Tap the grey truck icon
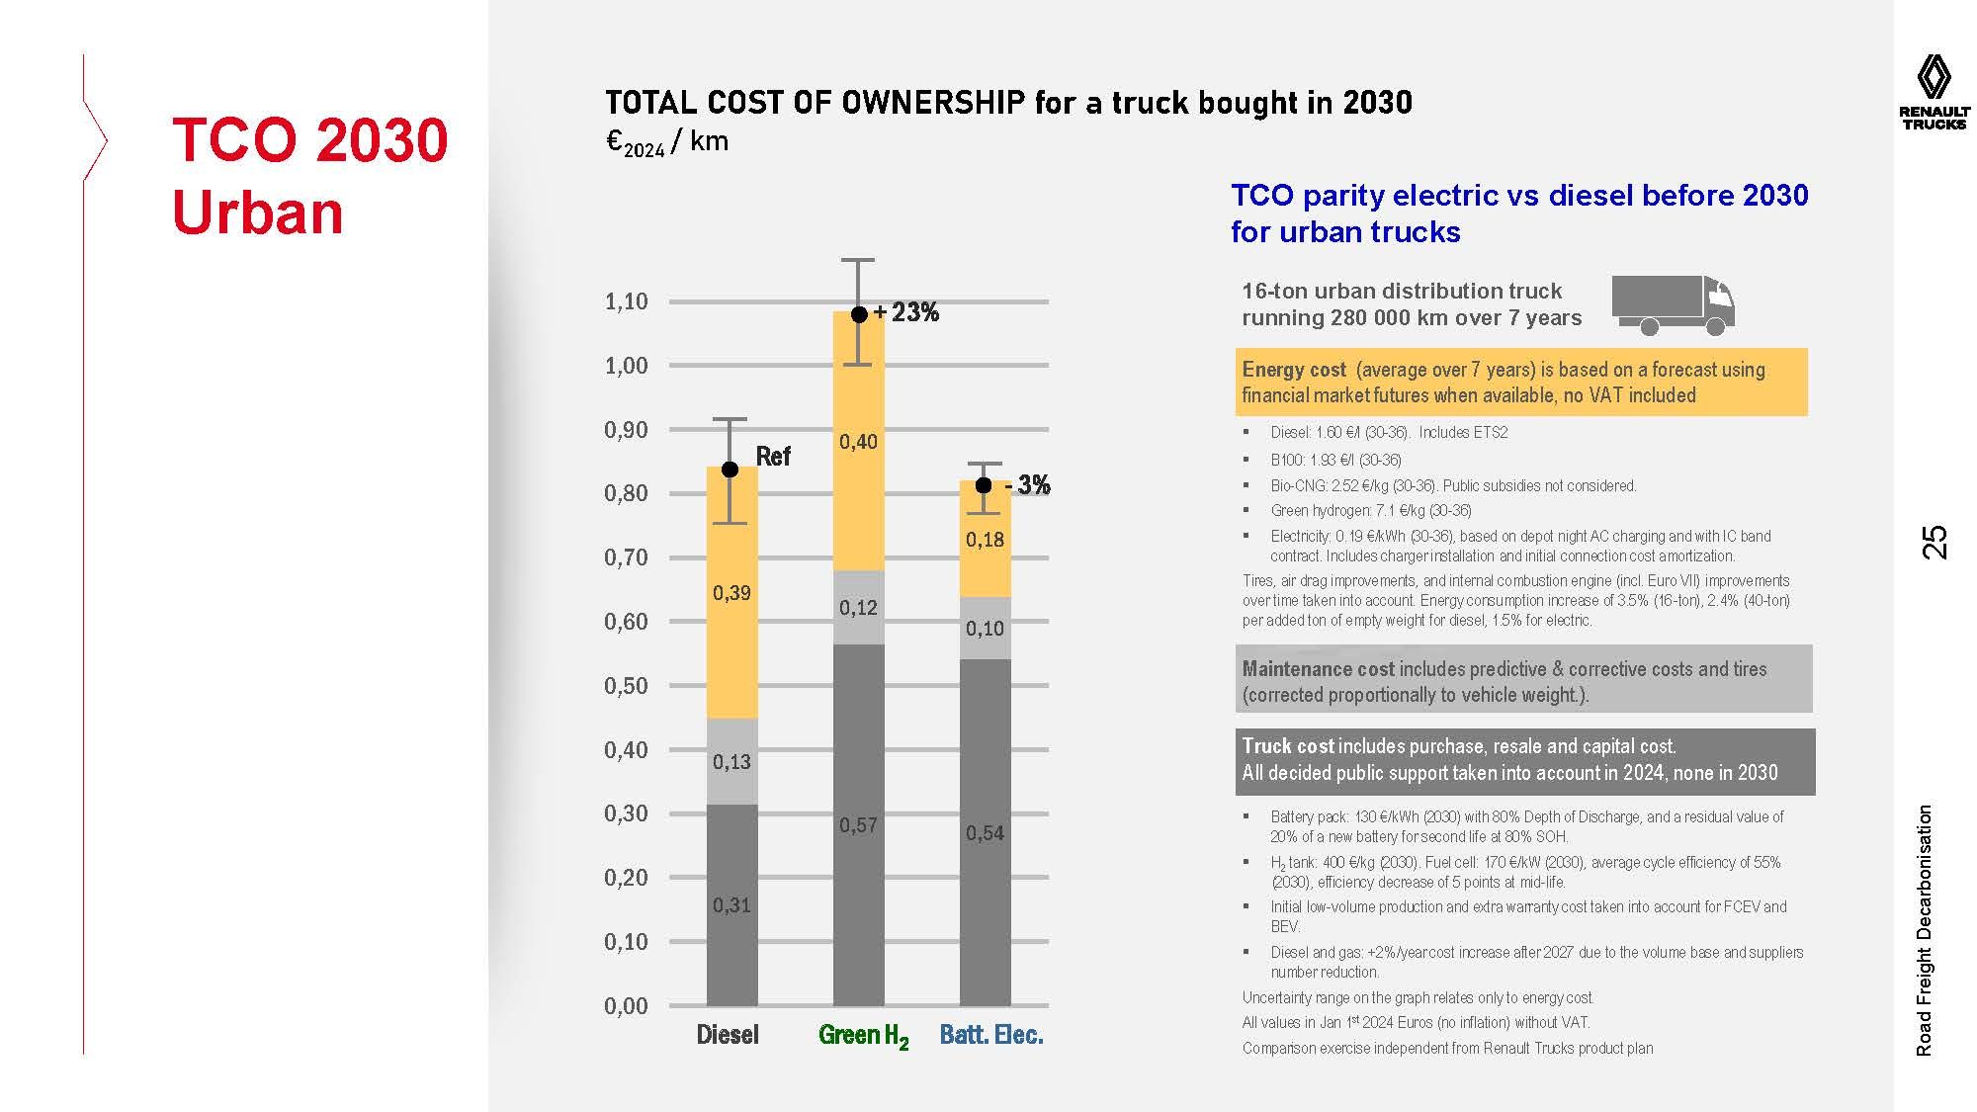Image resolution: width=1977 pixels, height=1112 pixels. pos(1673,305)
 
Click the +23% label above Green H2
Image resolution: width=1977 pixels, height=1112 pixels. pos(906,312)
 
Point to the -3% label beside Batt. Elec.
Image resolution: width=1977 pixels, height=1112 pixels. pos(1027,485)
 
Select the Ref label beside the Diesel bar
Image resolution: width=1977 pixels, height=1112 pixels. pos(773,457)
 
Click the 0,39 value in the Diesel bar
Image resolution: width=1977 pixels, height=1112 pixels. pos(731,593)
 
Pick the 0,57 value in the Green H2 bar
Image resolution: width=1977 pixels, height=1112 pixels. pos(858,825)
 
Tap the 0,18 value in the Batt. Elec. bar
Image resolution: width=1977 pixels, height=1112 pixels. pos(985,540)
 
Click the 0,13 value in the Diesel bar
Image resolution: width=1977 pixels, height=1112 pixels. pos(731,762)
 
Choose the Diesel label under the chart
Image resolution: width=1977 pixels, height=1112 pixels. pos(728,1035)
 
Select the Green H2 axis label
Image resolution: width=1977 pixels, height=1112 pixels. pos(863,1036)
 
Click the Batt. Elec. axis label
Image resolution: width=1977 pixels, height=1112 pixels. pos(991,1035)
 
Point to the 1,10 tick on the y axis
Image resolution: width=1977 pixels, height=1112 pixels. pos(626,301)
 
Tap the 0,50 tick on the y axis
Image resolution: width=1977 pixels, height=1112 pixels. pos(626,686)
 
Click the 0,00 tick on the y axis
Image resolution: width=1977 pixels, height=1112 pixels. pos(626,1006)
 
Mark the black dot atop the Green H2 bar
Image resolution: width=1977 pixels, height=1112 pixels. pos(859,314)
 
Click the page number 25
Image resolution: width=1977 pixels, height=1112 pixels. pos(1934,543)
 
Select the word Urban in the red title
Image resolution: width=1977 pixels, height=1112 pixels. pos(258,213)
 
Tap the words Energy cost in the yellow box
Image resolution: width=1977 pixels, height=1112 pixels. pos(1294,370)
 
